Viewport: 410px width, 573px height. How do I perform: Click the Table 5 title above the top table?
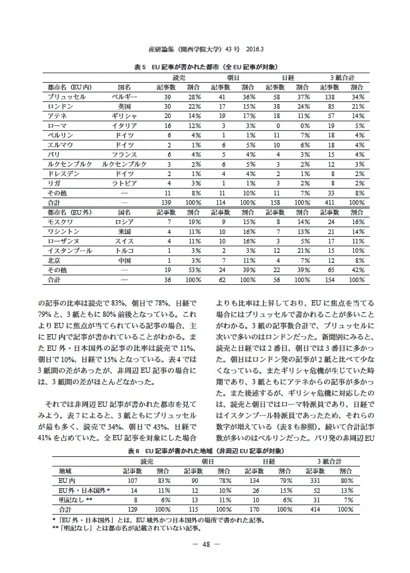click(205, 67)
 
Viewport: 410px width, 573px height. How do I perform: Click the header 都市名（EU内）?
click(69, 87)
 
